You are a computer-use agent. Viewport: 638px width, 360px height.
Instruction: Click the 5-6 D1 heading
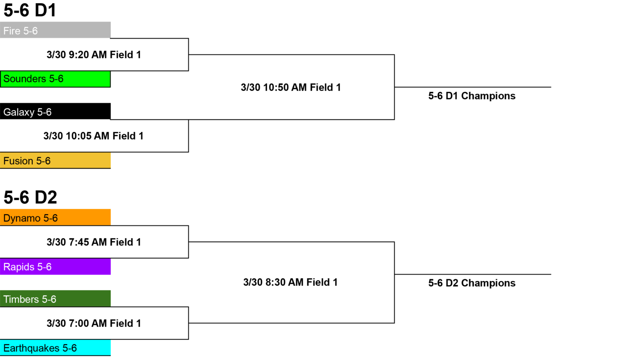click(30, 10)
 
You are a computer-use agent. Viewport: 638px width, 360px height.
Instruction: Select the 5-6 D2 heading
click(30, 197)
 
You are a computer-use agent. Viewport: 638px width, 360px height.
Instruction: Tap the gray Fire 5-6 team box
click(55, 30)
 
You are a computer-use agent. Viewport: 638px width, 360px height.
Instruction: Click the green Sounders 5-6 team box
click(55, 79)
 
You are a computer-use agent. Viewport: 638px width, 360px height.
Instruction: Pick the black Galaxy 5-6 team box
click(55, 111)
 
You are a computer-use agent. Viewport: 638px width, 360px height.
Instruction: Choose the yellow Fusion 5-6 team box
click(55, 160)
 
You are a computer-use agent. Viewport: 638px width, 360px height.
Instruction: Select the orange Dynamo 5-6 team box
click(55, 217)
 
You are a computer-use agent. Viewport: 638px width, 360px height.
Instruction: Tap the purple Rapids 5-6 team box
click(55, 267)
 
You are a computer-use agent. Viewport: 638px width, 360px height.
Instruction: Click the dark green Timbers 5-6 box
click(55, 299)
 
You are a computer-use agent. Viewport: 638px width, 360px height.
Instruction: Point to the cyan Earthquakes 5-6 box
click(55, 348)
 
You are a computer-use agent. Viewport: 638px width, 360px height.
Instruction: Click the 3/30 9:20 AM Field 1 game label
click(94, 55)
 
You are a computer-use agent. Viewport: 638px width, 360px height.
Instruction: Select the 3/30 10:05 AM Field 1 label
click(93, 136)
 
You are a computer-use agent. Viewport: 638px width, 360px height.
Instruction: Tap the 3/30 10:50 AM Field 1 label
click(291, 88)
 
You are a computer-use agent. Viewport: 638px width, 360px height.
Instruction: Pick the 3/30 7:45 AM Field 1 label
click(94, 242)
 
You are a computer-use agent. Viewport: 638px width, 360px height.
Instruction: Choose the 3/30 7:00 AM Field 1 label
click(94, 323)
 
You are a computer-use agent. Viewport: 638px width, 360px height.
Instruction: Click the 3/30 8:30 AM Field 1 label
click(290, 282)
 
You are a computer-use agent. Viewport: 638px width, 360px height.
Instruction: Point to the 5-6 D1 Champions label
click(472, 96)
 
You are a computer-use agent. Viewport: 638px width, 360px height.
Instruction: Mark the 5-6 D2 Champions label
click(472, 283)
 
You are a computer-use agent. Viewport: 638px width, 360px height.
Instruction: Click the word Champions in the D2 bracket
click(488, 283)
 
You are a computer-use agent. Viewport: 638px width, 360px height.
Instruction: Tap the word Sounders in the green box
click(25, 78)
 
